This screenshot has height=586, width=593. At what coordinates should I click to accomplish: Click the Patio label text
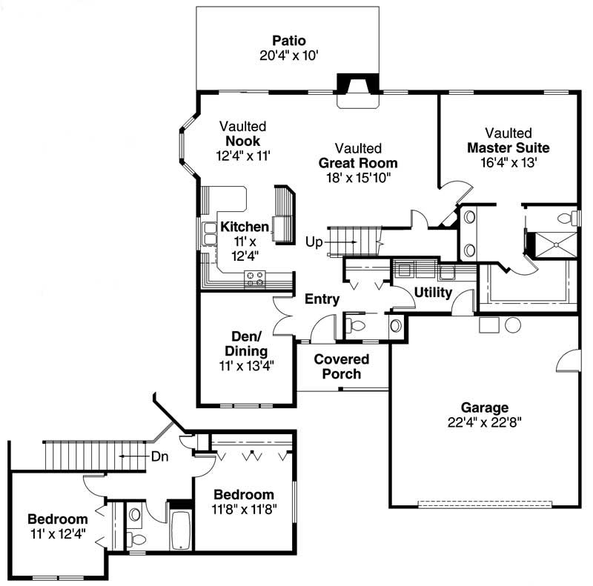pos(288,40)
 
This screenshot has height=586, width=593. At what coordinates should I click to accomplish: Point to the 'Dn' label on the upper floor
pos(160,456)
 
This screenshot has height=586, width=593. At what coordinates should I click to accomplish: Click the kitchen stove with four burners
pos(256,278)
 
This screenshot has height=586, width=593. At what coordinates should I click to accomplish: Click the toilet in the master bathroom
pos(566,217)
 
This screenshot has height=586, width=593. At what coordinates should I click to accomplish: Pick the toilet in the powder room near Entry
pos(357,325)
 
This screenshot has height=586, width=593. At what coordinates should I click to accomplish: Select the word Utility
pos(433,293)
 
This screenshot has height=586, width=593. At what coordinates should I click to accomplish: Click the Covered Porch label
pos(342,367)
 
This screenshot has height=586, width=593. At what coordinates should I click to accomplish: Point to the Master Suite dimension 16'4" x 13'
pos(508,162)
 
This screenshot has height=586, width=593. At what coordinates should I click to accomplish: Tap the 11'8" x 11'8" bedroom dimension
pos(244,510)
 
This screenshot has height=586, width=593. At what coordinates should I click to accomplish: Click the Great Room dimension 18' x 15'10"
pos(358,178)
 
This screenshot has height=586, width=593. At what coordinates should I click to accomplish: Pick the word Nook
pos(242,141)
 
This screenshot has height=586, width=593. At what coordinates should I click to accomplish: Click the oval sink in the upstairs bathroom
pos(135,513)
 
